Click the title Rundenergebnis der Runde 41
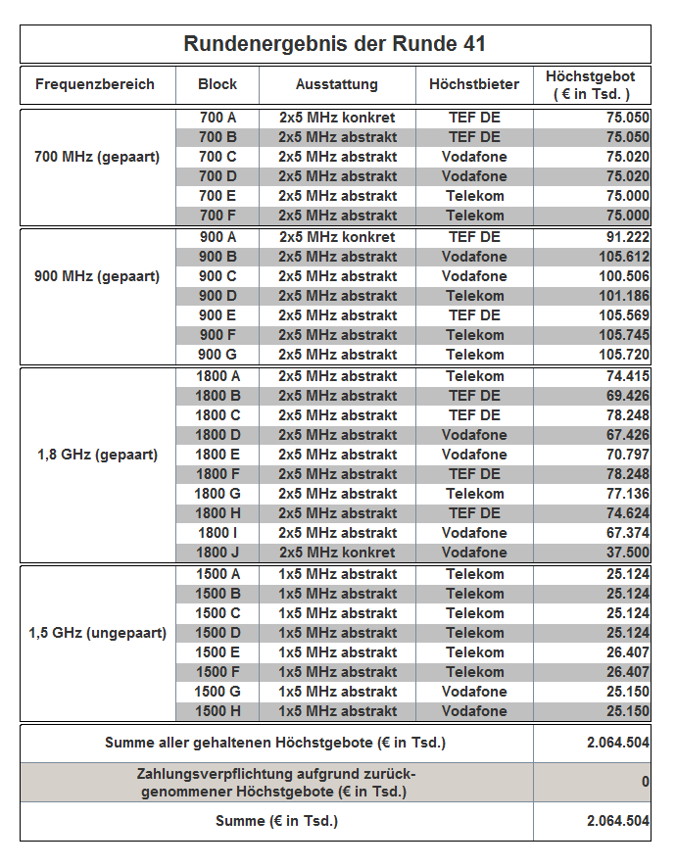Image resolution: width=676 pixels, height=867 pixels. point(335,44)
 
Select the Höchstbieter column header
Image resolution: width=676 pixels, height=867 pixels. point(474,84)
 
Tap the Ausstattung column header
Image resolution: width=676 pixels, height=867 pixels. point(337,84)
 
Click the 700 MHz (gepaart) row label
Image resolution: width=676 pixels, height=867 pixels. point(97,157)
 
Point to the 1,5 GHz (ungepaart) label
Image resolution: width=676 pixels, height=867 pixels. point(97,633)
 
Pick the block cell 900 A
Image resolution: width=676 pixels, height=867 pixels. point(217,237)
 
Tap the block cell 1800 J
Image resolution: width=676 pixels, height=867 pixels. point(217,553)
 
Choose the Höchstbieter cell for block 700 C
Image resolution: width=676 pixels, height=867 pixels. point(474,157)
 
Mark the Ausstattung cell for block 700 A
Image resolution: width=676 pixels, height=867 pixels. point(337,118)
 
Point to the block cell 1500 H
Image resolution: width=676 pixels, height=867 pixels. point(217,711)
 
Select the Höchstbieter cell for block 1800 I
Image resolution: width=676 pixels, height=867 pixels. point(474,533)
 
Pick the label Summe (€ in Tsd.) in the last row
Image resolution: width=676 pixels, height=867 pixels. point(276,821)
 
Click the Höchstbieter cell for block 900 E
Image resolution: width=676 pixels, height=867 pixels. point(474,315)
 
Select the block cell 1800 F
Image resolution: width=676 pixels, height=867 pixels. point(217,474)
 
